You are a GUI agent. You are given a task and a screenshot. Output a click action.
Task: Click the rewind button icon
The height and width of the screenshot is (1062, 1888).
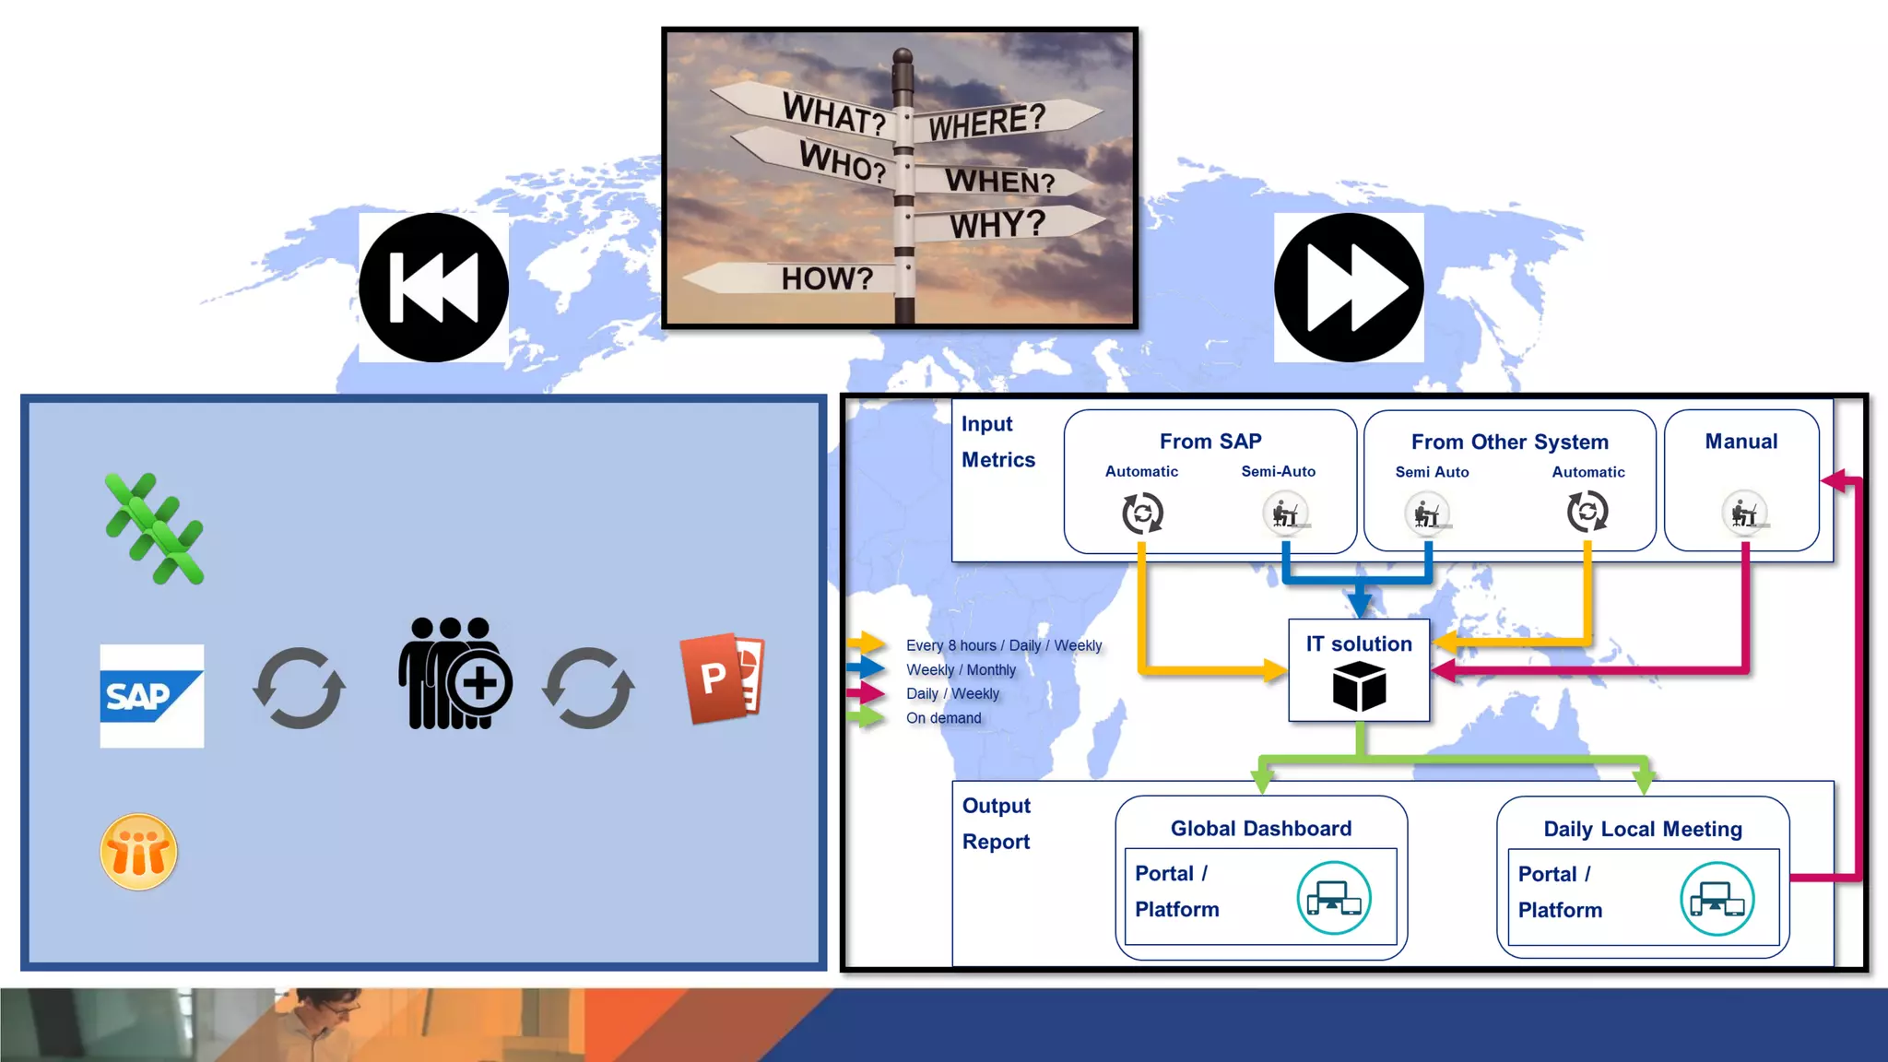[x=433, y=288]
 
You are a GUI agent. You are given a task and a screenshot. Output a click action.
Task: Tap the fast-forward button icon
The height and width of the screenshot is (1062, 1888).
[x=1349, y=288]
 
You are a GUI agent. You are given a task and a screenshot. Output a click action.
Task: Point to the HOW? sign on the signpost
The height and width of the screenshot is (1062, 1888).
[x=826, y=278]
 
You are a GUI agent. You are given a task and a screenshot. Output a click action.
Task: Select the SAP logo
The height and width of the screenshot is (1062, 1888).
[x=151, y=696]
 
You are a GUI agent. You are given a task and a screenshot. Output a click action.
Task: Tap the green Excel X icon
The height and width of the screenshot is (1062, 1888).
[x=154, y=529]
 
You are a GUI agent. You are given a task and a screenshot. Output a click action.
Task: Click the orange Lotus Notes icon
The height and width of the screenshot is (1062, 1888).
[x=138, y=852]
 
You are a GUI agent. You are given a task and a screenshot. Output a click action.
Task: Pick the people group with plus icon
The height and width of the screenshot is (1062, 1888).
[x=454, y=674]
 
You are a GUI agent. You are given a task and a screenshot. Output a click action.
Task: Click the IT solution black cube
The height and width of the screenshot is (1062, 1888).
[x=1359, y=688]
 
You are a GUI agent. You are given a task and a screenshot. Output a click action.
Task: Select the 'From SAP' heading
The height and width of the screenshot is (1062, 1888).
[x=1210, y=442]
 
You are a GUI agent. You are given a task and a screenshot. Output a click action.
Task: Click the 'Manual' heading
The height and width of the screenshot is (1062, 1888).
[x=1741, y=442]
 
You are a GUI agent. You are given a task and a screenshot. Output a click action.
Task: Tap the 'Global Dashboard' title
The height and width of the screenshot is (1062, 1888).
[x=1261, y=829]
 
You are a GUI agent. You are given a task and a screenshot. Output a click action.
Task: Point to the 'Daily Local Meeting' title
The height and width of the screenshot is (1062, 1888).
[x=1643, y=829]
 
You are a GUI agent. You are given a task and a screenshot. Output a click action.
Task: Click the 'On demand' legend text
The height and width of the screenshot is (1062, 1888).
[x=944, y=718]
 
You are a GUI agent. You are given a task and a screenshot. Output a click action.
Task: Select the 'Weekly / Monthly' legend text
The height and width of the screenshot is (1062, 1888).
[x=961, y=670]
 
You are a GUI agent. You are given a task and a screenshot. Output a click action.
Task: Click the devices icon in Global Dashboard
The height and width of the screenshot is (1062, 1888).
[x=1333, y=898]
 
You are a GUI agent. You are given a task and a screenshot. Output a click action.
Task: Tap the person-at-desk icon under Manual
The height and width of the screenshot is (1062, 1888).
[x=1744, y=513]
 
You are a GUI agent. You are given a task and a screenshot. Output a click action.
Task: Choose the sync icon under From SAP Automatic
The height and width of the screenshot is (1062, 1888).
[x=1142, y=513]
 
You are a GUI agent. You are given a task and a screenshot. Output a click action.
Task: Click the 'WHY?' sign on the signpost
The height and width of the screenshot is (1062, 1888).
[x=997, y=224]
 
